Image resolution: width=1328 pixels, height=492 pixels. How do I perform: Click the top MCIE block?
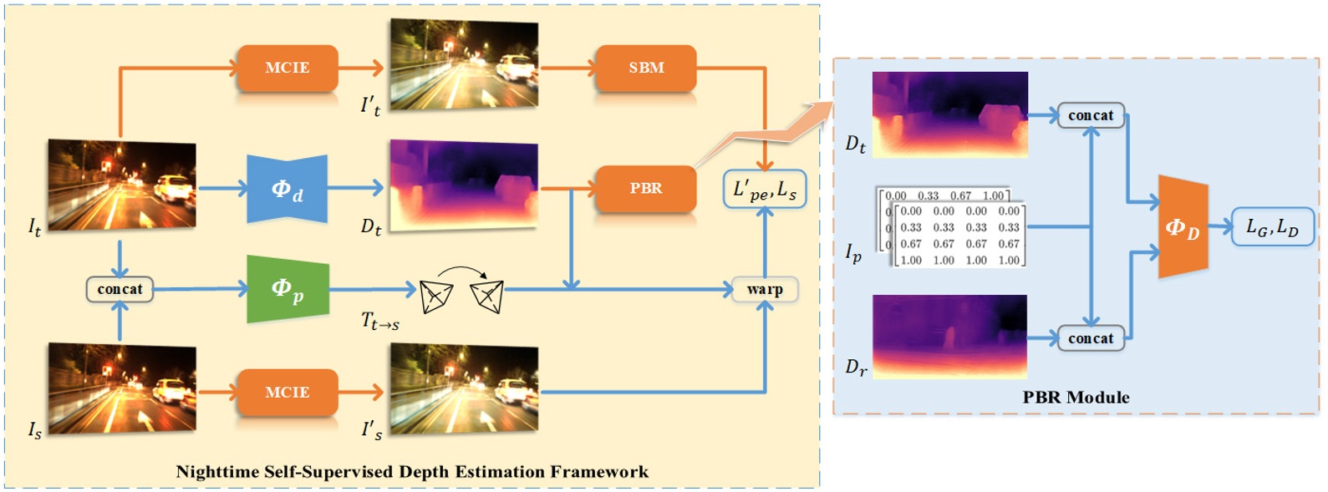point(287,68)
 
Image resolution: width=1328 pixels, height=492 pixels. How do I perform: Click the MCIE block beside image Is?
point(287,392)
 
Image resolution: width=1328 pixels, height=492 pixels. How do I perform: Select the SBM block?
point(646,68)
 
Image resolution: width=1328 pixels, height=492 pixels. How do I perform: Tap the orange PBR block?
point(646,188)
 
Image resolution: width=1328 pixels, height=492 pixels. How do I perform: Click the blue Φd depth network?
point(287,190)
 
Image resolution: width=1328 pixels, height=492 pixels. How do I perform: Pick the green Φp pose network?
point(287,290)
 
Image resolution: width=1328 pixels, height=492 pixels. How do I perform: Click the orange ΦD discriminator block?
point(1183,227)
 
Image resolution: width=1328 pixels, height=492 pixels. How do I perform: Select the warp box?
point(765,290)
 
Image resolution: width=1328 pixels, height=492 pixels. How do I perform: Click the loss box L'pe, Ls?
point(764,190)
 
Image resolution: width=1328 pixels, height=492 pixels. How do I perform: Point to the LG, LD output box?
point(1271,226)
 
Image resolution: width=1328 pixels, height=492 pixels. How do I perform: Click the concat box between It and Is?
point(120,290)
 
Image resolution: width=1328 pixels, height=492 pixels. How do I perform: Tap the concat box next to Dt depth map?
point(1091,115)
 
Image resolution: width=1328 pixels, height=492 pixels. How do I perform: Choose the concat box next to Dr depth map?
point(1091,338)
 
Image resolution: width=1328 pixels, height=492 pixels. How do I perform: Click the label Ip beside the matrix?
point(852,252)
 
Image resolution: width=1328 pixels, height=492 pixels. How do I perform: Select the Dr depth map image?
point(949,336)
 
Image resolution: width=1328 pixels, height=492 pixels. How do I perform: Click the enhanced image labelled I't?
point(464,63)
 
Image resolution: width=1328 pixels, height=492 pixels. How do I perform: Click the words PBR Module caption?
point(1076,398)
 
